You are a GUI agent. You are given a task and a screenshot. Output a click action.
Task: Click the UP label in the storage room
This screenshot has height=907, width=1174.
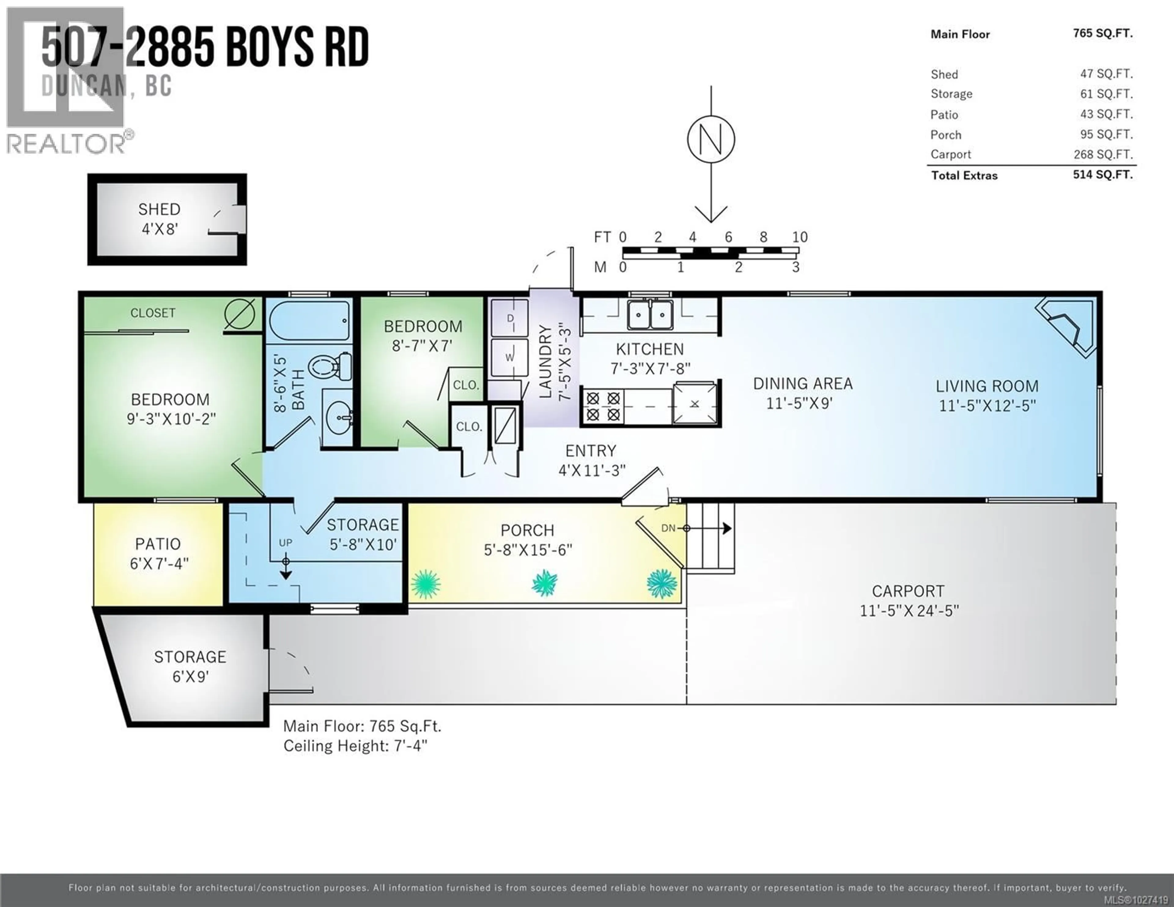click(x=286, y=543)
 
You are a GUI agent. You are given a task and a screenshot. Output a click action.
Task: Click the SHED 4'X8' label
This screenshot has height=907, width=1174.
click(x=159, y=219)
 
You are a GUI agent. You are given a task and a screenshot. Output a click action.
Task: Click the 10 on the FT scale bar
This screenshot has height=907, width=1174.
click(x=799, y=237)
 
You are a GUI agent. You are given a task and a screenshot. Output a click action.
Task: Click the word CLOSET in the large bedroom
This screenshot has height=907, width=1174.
click(x=153, y=313)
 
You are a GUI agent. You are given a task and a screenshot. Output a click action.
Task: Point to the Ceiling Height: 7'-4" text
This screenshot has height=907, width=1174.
click(x=355, y=746)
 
